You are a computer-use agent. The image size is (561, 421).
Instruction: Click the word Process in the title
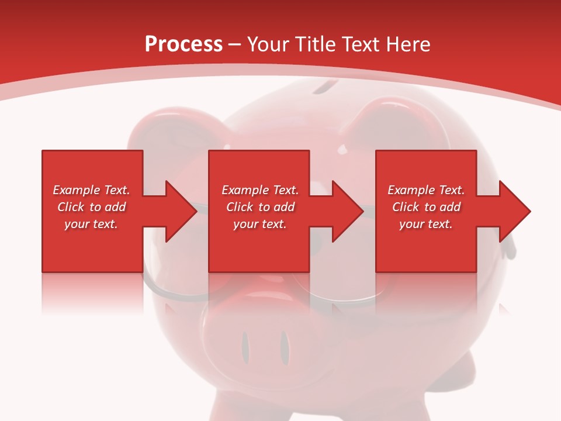point(183,44)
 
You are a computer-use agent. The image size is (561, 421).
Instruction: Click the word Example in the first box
point(76,190)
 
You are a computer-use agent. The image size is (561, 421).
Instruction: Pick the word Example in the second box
point(245,190)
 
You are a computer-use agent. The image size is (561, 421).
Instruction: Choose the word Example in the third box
point(411,190)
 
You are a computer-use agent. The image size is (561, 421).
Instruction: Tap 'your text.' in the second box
point(259,224)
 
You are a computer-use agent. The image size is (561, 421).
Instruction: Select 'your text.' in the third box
point(425,224)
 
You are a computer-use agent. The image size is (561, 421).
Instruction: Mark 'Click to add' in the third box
point(426,207)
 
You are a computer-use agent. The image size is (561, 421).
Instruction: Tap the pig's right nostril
point(284,346)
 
